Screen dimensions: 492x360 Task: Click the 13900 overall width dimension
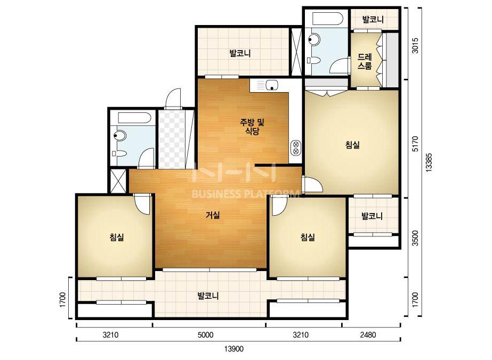pos(234,349)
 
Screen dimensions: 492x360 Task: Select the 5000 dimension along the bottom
pos(206,335)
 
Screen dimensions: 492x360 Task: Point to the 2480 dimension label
pos(368,335)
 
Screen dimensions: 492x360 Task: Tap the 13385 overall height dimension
pos(429,162)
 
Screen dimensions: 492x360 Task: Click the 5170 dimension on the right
pos(415,144)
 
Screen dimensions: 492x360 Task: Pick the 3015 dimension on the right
pos(415,46)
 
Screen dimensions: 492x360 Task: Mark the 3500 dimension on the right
pos(415,239)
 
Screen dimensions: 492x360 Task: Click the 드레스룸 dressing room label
pos(365,61)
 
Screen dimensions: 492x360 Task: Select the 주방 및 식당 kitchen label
pos(252,126)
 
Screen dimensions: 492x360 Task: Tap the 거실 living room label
pos(213,215)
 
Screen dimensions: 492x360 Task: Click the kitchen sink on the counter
pos(272,85)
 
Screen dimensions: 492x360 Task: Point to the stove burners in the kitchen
pos(296,148)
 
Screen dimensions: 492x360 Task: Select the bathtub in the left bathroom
pos(134,118)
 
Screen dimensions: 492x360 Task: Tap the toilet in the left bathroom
pos(119,153)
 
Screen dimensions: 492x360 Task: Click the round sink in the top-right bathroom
pos(313,40)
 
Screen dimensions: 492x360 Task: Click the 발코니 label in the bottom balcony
pos(208,296)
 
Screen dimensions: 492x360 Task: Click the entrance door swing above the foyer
pos(173,99)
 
